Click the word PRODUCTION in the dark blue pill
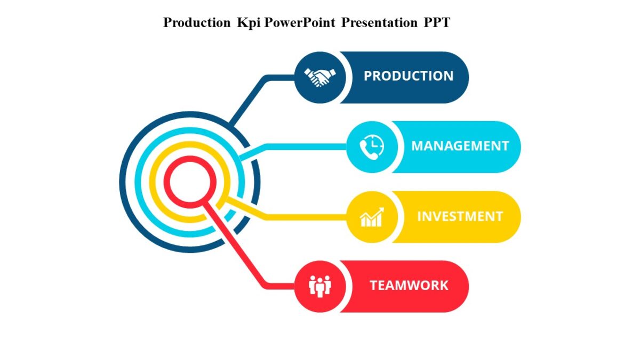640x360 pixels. click(409, 76)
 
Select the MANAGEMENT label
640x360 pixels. click(460, 146)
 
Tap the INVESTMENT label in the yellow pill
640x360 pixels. click(460, 217)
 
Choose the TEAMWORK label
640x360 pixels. click(409, 286)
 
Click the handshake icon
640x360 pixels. click(320, 77)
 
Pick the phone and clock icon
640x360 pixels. click(372, 147)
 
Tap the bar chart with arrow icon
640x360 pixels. click(372, 217)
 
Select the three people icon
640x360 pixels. click(320, 286)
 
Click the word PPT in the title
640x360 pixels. click(437, 23)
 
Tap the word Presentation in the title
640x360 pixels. click(379, 23)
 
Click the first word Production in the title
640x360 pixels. click(197, 23)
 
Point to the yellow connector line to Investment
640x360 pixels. click(304, 217)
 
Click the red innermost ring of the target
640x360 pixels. click(167, 182)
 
